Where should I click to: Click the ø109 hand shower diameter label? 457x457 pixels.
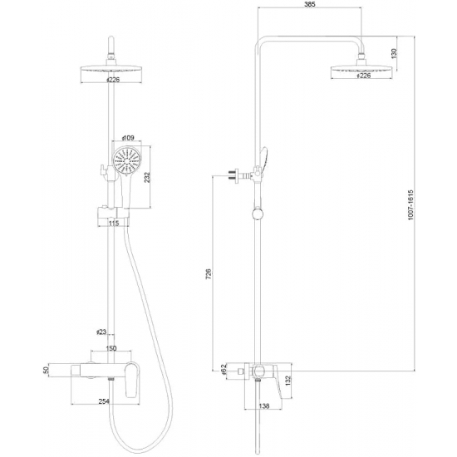[x=127, y=138]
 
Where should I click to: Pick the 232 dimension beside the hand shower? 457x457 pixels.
[x=148, y=179]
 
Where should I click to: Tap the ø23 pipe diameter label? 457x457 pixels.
[x=101, y=332]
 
